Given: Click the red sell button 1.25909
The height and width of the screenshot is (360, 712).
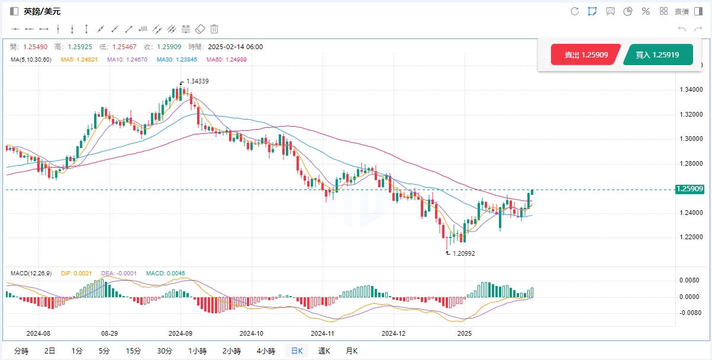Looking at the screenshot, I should coord(585,54).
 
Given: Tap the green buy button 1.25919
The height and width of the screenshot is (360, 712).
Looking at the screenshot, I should coord(657,54).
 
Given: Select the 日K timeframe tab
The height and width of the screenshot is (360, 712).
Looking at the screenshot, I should coord(296,351).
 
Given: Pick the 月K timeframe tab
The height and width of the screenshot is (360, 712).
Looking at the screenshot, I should coord(352,351).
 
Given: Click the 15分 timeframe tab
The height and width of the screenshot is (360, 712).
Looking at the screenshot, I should coord(133,351).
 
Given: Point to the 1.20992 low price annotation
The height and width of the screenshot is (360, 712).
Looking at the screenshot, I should coord(462,253).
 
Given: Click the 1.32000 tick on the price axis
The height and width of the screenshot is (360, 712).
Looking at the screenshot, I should coord(691,114).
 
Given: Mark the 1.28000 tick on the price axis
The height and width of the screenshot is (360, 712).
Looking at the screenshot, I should coord(691,163).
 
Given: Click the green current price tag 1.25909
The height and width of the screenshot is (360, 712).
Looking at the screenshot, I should coord(690,189).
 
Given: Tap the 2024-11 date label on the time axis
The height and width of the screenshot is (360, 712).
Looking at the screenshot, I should coord(323,333).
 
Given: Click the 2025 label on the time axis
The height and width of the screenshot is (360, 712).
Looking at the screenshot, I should coord(465,333).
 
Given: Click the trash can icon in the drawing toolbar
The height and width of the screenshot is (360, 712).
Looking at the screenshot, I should coord(214,28).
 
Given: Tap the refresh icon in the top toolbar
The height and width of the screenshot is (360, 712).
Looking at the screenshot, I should coord(574,11).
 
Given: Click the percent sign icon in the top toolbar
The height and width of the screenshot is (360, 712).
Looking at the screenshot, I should coord(646,11).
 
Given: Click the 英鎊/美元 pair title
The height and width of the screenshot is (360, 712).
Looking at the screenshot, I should coord(42,11).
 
